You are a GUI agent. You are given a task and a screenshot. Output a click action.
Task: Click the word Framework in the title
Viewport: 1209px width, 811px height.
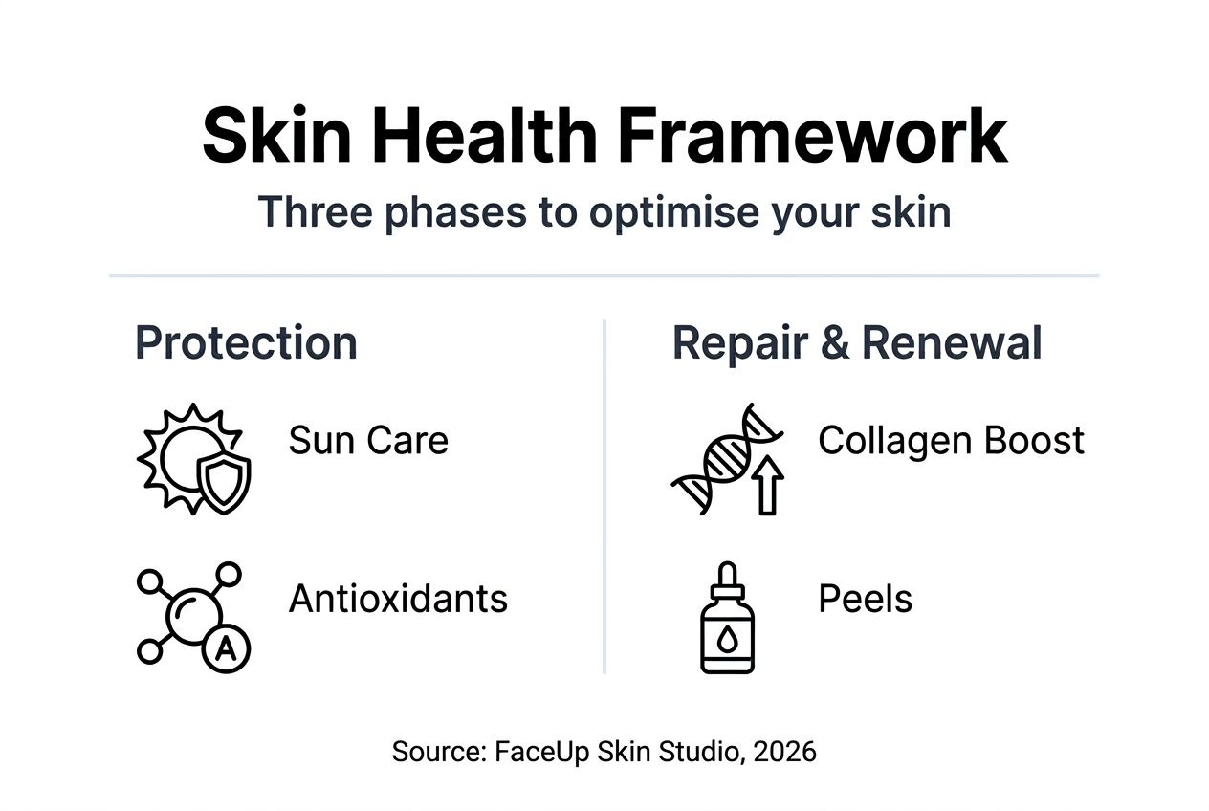[x=812, y=134]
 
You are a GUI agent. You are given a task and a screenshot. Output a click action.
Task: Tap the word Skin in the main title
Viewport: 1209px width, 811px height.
[x=276, y=134]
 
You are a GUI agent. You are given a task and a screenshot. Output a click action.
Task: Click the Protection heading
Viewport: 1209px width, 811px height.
[x=246, y=342]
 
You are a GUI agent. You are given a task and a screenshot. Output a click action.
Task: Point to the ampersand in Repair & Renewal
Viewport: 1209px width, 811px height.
[x=834, y=342]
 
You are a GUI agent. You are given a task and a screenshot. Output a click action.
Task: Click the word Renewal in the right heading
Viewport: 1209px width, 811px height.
[x=952, y=342]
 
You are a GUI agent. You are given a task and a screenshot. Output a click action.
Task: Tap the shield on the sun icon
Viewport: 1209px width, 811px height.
[x=224, y=482]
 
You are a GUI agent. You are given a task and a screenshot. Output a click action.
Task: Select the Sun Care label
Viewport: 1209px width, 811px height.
[x=368, y=440]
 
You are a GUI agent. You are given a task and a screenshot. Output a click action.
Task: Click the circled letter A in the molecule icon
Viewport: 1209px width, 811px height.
[x=226, y=648]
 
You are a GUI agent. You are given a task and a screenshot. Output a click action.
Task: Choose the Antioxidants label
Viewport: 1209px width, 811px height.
[x=398, y=599]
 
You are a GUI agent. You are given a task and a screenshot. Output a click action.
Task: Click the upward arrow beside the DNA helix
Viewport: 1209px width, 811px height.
[x=767, y=485]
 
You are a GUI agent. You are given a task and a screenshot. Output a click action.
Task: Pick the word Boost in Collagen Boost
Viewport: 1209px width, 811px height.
[x=1034, y=440]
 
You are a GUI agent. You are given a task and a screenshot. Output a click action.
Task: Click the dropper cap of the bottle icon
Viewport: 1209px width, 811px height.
[x=727, y=581]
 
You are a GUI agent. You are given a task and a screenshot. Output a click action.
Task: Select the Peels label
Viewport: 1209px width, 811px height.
[x=866, y=599]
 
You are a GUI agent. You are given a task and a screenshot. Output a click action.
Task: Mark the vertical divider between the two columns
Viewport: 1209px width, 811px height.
[x=604, y=496]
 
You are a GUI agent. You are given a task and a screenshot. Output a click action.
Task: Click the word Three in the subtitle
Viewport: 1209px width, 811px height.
[x=316, y=211]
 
